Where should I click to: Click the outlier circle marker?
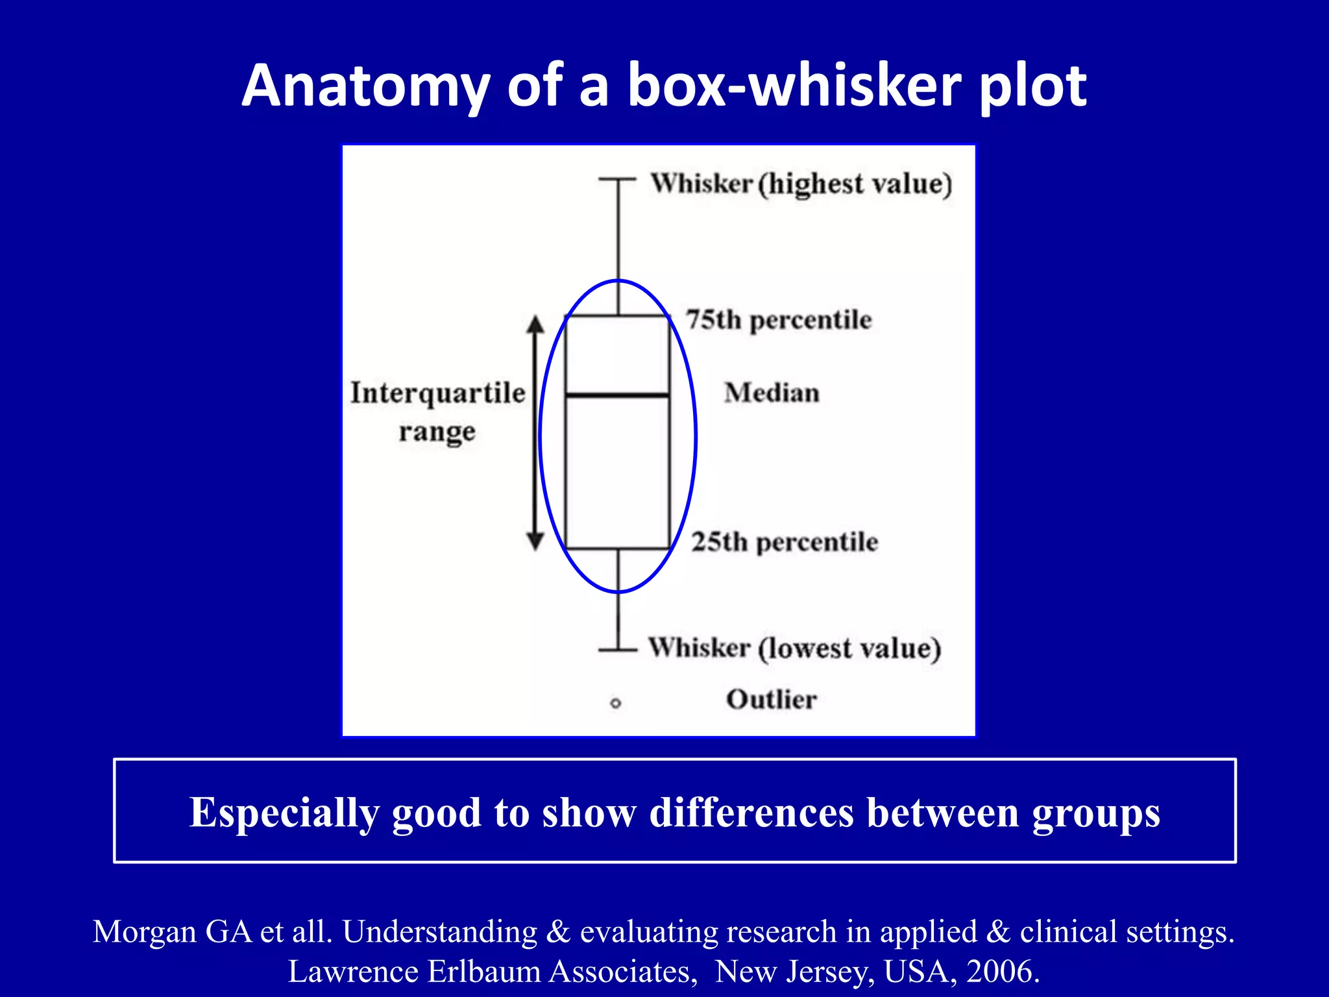point(616,703)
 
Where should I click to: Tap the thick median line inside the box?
point(617,395)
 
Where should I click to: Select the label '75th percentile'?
point(779,320)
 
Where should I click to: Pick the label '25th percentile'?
point(785,542)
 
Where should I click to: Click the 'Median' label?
point(772,393)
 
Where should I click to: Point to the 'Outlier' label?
point(771,700)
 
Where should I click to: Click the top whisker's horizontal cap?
point(617,178)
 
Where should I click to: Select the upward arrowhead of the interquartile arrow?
point(535,323)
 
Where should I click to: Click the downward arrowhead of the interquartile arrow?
point(535,541)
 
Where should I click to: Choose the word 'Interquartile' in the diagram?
point(438,393)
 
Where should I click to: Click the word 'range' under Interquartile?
point(437,432)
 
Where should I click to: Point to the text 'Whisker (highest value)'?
point(801,184)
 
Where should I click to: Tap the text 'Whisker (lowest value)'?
point(795,648)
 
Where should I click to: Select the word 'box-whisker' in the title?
point(795,86)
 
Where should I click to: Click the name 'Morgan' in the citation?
point(145,931)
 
